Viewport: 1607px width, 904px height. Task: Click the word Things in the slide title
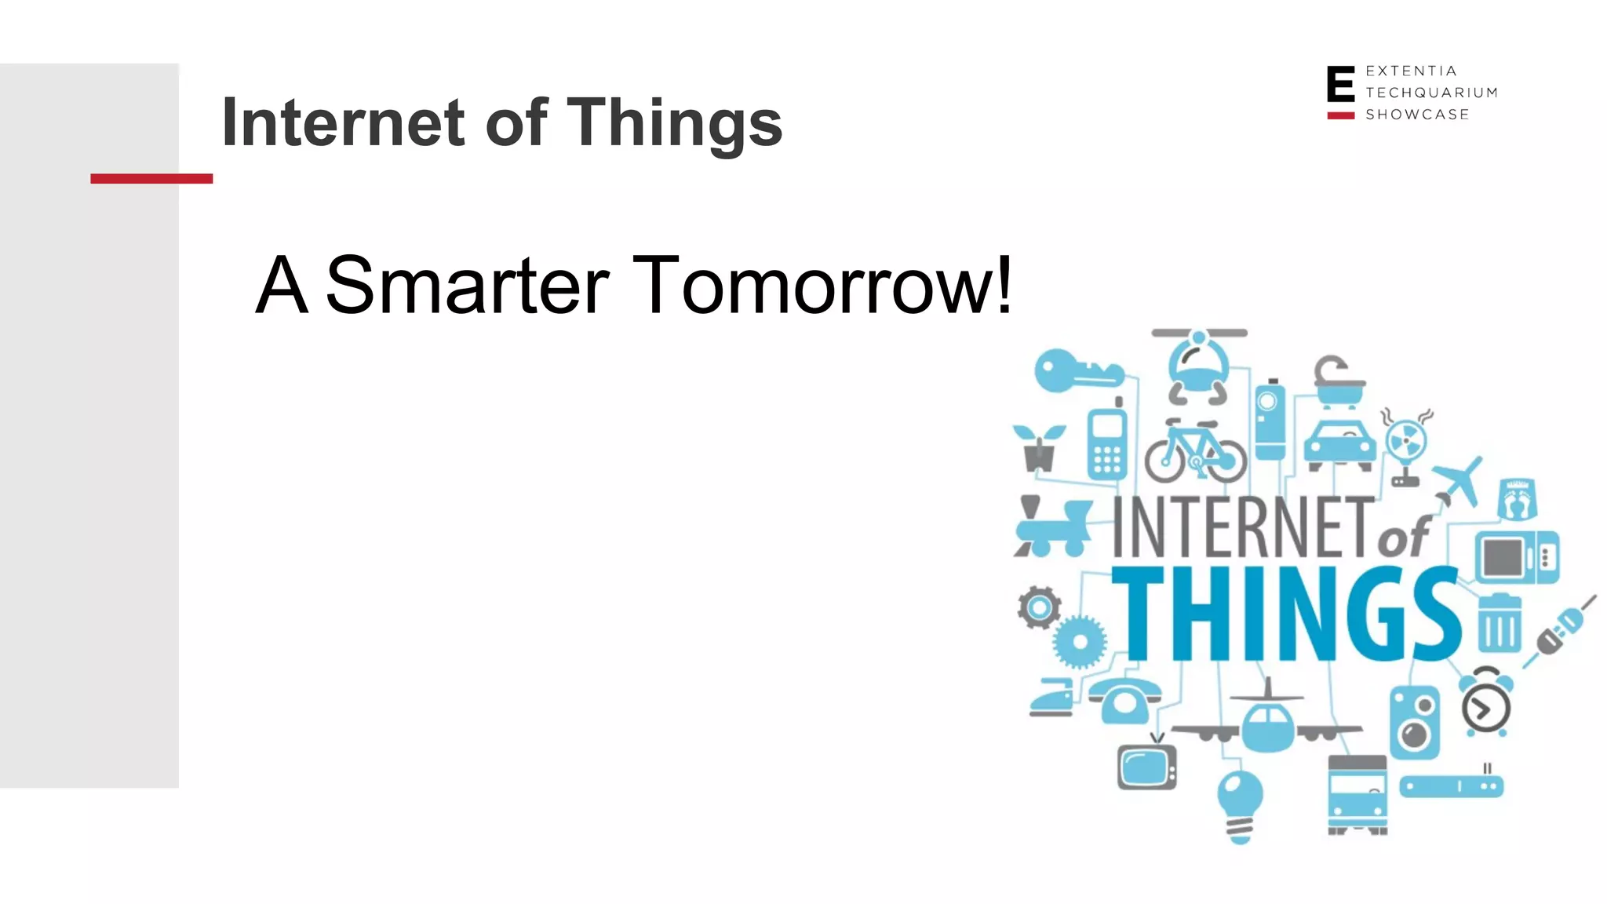[x=674, y=122]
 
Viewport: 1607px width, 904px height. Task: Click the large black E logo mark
[x=1340, y=85]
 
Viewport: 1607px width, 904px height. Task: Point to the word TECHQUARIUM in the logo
[x=1431, y=93]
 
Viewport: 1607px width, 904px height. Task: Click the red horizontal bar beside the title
[x=151, y=179]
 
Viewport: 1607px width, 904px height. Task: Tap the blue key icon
[x=1077, y=371]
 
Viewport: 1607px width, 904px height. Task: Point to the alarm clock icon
[x=1485, y=702]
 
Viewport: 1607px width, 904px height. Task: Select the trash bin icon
[x=1500, y=623]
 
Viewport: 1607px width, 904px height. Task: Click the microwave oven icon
[x=1516, y=557]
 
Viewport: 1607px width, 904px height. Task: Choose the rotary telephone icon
[x=1124, y=699]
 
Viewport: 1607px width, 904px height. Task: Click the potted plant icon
[x=1039, y=448]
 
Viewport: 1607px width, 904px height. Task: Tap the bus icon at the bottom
[x=1357, y=794]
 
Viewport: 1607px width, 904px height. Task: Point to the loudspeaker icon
[x=1415, y=722]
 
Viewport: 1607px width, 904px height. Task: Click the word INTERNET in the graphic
[x=1243, y=527]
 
